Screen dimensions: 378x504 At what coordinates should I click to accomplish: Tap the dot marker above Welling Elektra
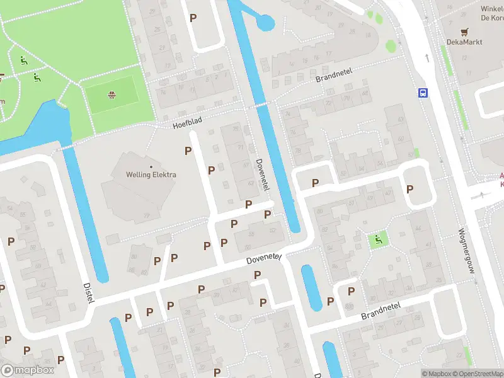pos(151,166)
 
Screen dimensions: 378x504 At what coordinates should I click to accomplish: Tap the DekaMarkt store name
pos(465,42)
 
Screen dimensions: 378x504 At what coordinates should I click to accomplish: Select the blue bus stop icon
pos(422,93)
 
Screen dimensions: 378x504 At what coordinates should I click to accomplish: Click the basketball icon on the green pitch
pos(112,96)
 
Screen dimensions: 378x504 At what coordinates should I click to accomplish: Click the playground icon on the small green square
pos(378,239)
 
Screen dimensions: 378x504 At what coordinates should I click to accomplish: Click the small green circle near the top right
pos(391,45)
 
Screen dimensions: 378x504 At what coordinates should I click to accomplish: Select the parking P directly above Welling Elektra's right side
pos(188,151)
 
